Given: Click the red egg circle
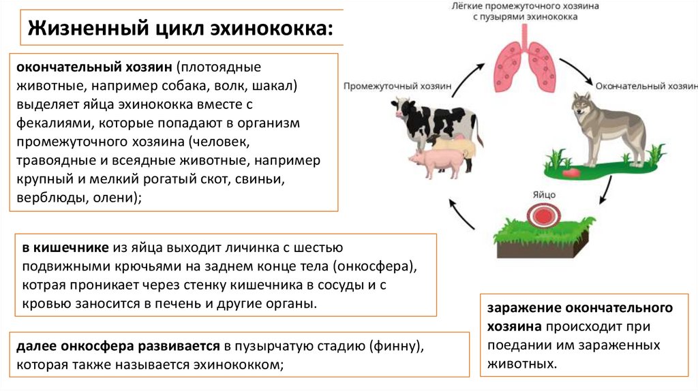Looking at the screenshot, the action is tap(543, 216).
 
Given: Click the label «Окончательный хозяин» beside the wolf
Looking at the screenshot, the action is tap(645, 87).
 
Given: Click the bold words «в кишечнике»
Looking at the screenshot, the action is tap(61, 247).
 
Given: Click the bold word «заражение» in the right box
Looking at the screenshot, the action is tap(521, 308).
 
